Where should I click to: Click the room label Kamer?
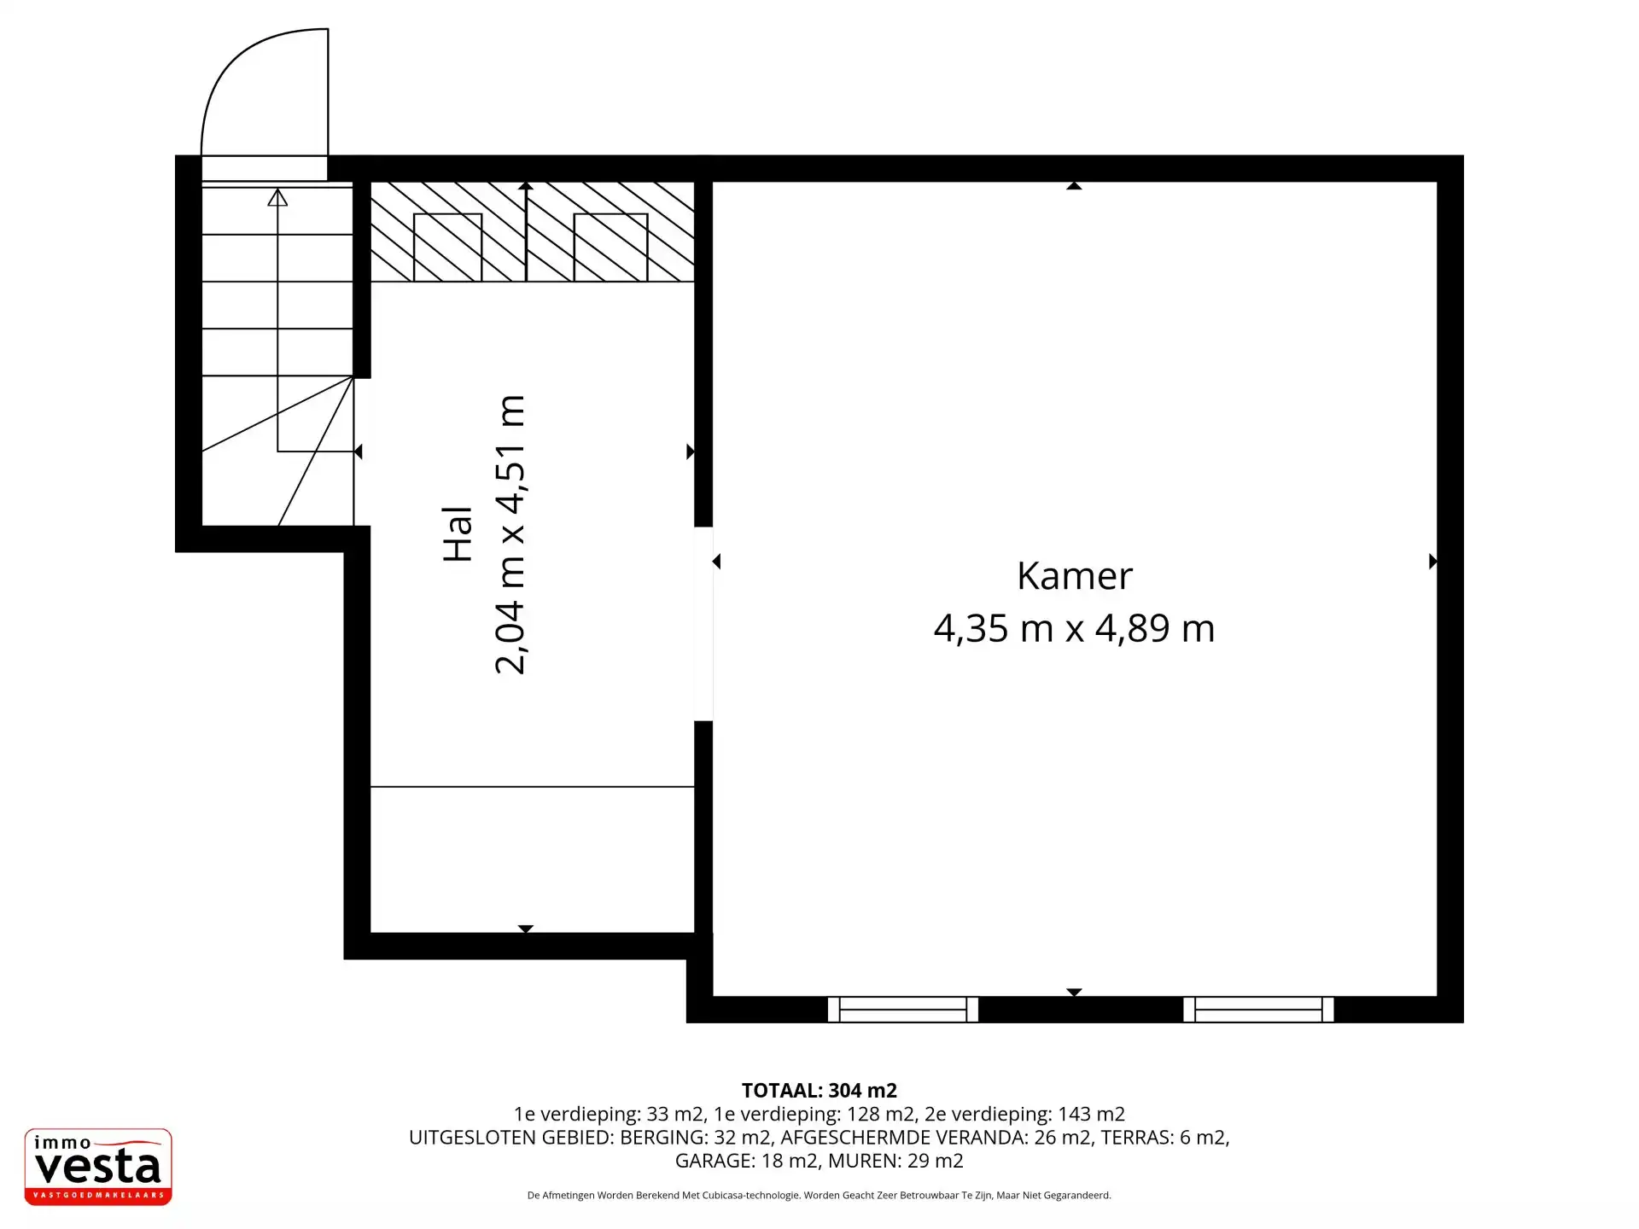[1075, 576]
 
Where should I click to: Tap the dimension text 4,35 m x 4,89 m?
[1075, 628]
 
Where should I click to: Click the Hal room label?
[458, 534]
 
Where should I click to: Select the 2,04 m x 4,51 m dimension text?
[510, 534]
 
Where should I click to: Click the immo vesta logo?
[98, 1167]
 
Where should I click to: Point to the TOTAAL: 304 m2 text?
[819, 1090]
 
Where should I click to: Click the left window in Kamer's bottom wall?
[903, 1009]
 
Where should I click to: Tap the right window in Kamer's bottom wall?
[1258, 1009]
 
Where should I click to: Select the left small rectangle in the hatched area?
[448, 248]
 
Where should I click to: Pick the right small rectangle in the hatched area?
[610, 248]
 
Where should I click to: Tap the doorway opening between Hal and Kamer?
[703, 624]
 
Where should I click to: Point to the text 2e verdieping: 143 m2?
[1024, 1114]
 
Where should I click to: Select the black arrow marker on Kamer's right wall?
[1433, 561]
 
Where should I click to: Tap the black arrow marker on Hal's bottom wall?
[526, 929]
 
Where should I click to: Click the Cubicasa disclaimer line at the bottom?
[819, 1195]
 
